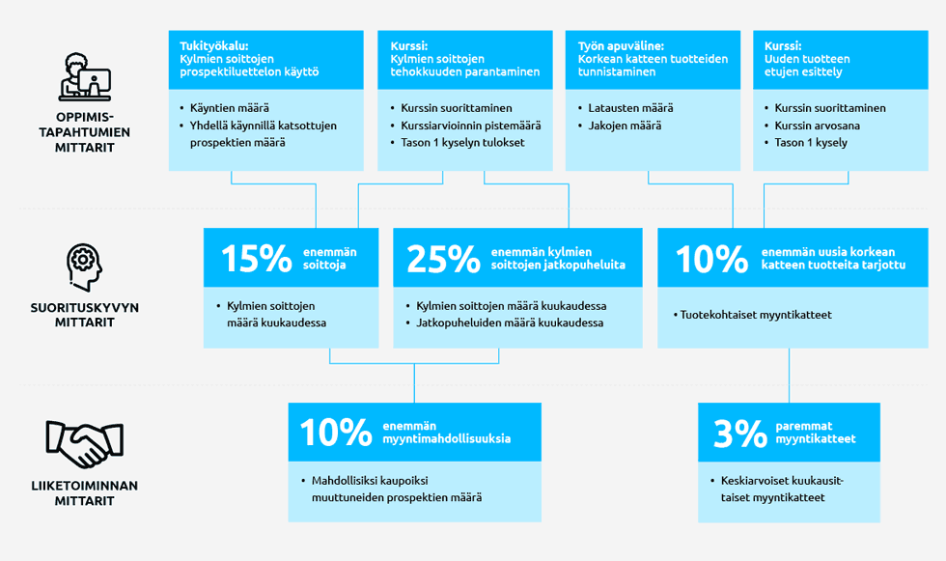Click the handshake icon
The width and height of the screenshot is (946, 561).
[85, 444]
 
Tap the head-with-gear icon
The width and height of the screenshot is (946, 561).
[84, 267]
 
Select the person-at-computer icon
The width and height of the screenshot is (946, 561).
[85, 76]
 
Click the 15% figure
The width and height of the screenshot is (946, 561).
[257, 258]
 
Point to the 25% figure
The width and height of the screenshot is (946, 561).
[443, 258]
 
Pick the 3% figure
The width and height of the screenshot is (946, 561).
[740, 433]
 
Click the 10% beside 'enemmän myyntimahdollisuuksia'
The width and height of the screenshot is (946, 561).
[336, 433]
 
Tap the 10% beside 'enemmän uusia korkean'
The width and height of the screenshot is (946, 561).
[712, 258]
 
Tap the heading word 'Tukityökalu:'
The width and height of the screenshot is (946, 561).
[213, 45]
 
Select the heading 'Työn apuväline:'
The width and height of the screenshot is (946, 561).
[621, 45]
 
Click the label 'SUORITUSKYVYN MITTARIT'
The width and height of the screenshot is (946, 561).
[85, 315]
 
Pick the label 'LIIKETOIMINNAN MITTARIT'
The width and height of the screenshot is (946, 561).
[85, 492]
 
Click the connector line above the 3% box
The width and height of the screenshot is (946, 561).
[790, 376]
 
